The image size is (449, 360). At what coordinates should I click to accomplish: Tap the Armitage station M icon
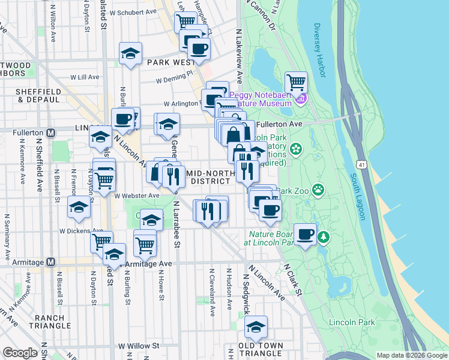pyautogui.click(x=51, y=262)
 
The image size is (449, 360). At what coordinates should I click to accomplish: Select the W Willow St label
pyautogui.click(x=139, y=346)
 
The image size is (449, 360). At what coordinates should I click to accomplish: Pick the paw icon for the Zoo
pyautogui.click(x=318, y=191)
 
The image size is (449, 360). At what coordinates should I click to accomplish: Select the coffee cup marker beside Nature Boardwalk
pyautogui.click(x=305, y=233)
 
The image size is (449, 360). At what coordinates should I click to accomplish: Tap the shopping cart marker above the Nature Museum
pyautogui.click(x=296, y=82)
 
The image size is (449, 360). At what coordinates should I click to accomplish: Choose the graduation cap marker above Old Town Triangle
pyautogui.click(x=256, y=326)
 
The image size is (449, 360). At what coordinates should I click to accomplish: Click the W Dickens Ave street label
pyautogui.click(x=81, y=230)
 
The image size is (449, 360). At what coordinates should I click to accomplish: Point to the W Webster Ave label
pyautogui.click(x=137, y=196)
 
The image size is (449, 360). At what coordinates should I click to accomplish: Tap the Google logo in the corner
pyautogui.click(x=20, y=353)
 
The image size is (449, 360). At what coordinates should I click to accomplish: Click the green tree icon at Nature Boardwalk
pyautogui.click(x=324, y=238)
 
